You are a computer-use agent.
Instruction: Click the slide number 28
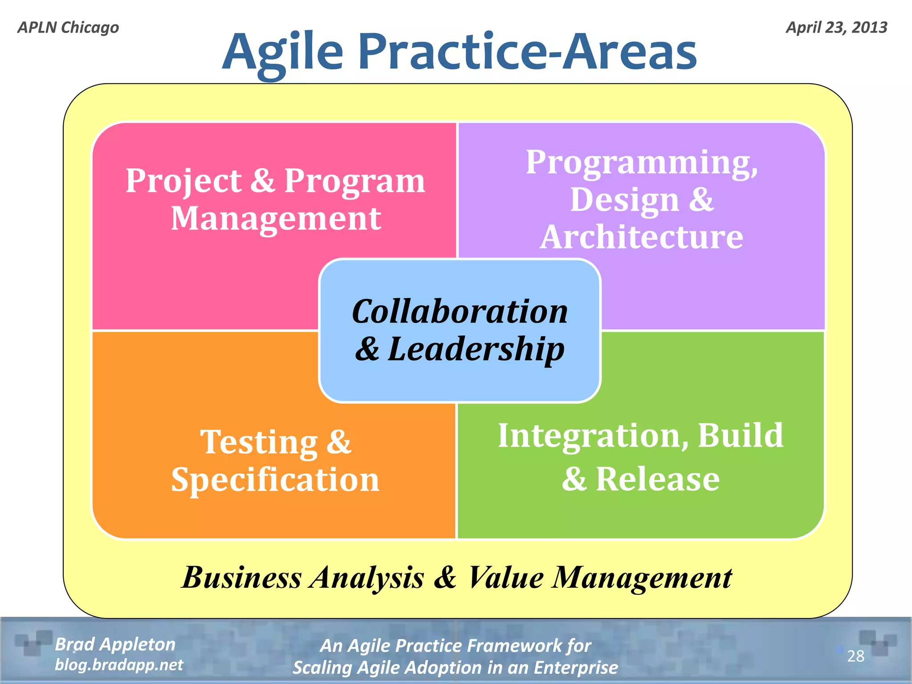[855, 656]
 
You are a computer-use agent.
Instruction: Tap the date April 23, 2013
[836, 28]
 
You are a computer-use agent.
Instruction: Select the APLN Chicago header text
[68, 28]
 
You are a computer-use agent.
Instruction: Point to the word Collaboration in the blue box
[460, 311]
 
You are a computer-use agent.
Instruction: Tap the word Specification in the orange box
[275, 480]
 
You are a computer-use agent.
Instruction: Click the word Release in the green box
[657, 479]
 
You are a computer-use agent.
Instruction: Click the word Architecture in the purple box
[641, 237]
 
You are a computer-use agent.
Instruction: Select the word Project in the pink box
[183, 181]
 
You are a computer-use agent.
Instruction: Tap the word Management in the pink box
[276, 219]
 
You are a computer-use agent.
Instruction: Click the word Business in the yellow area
[242, 578]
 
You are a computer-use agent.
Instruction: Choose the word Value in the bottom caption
[506, 578]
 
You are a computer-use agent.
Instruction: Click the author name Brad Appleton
[115, 644]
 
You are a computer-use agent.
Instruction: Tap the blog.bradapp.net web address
[119, 665]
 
